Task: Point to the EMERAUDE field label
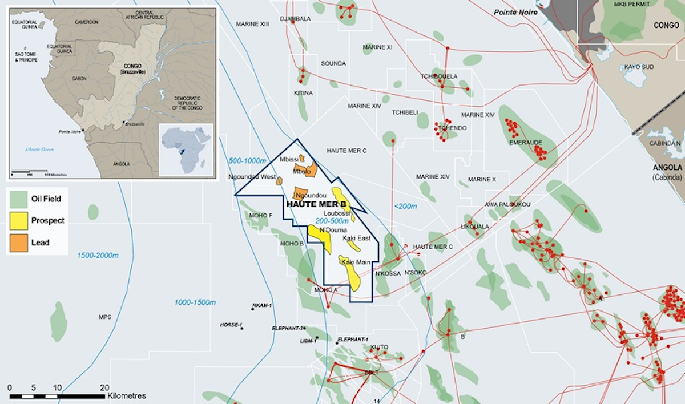pos(525,142)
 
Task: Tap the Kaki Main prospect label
pos(356,262)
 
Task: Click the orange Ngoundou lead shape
pos(301,193)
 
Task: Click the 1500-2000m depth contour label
pos(99,254)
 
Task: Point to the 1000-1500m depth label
pos(195,302)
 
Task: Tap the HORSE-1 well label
pos(231,325)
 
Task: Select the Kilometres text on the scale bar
pos(126,395)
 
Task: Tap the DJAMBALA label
pos(295,19)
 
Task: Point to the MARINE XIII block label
pos(252,23)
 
